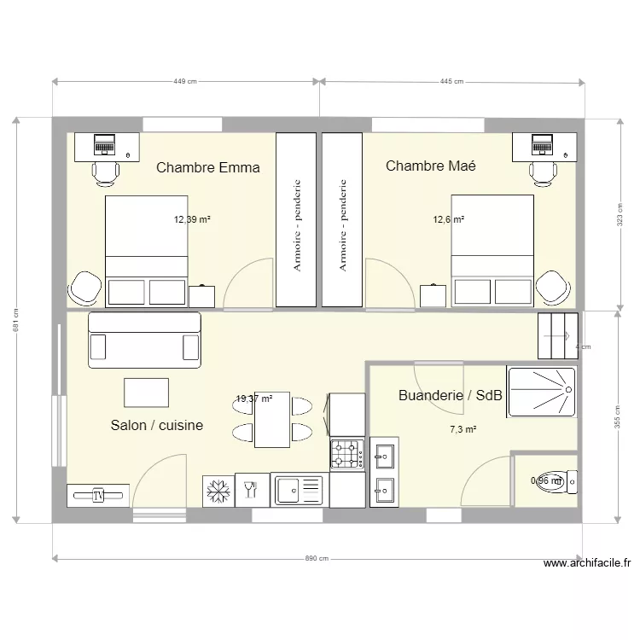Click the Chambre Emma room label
point(207,168)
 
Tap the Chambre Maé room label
point(430,166)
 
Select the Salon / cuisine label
point(157,425)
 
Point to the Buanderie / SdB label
point(451,396)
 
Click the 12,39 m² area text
point(192,219)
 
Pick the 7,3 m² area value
point(463,430)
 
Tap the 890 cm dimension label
point(317,559)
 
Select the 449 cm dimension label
point(185,82)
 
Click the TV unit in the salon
point(98,495)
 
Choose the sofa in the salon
point(145,340)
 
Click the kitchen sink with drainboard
point(299,491)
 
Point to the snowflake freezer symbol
point(218,492)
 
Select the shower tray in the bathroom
point(541,393)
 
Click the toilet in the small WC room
point(559,481)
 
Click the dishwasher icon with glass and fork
point(252,491)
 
